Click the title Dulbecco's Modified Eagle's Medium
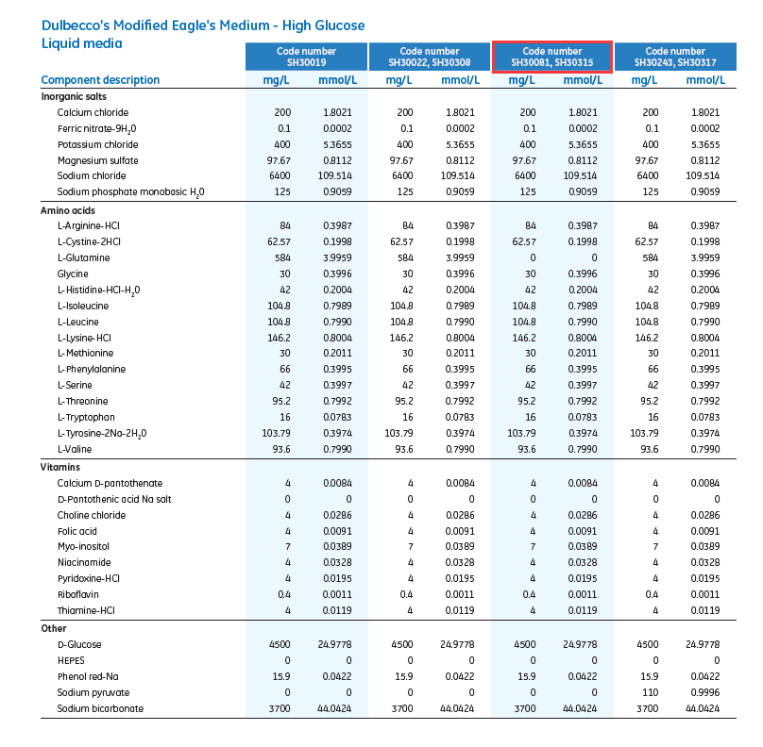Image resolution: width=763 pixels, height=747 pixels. tap(203, 25)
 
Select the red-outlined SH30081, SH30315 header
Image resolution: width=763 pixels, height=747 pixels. tap(552, 57)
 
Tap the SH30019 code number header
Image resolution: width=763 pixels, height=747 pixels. tap(306, 57)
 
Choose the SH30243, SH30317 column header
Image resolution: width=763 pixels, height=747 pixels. tap(675, 57)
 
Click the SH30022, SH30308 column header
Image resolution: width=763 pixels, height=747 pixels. tap(429, 57)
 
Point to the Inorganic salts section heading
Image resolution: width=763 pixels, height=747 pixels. tap(74, 96)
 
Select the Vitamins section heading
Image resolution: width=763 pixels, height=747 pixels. tap(60, 467)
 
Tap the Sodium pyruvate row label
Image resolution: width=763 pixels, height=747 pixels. tap(93, 692)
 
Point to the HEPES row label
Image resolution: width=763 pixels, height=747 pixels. tap(71, 660)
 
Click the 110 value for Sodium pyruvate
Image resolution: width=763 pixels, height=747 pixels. tap(650, 692)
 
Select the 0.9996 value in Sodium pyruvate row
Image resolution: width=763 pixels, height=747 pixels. tap(704, 692)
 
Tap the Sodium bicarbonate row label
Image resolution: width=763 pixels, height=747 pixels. tap(100, 708)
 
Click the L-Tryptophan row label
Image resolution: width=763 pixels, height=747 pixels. tap(86, 417)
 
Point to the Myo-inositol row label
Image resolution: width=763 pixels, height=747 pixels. tap(84, 547)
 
